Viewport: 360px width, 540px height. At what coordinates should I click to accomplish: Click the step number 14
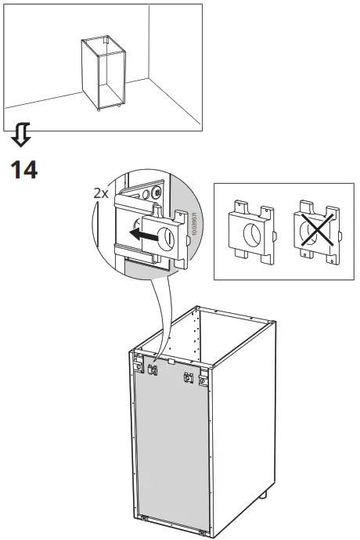pyautogui.click(x=23, y=170)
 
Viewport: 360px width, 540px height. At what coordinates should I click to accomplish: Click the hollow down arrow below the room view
pyautogui.click(x=22, y=138)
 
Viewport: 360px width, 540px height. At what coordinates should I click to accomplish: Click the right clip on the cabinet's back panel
pyautogui.click(x=188, y=379)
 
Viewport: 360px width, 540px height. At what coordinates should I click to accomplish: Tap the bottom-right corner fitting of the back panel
pyautogui.click(x=205, y=532)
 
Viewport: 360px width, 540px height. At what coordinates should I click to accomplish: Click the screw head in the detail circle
pyautogui.click(x=158, y=192)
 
